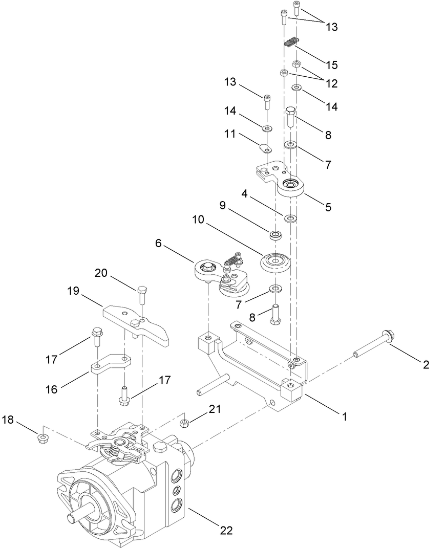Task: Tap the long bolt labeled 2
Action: tap(374, 345)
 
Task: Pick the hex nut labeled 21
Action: tap(185, 423)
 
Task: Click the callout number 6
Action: tap(159, 244)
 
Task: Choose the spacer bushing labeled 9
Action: tap(277, 235)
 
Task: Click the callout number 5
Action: tap(328, 207)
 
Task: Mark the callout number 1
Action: tap(345, 417)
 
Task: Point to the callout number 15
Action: tap(331, 65)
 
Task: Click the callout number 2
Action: tap(426, 365)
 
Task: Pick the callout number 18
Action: tap(9, 421)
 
